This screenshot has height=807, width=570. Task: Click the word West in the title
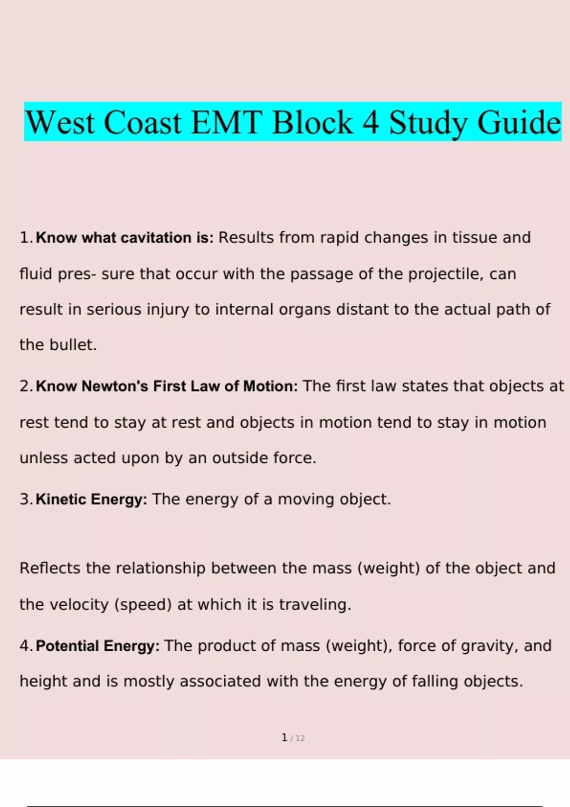point(60,122)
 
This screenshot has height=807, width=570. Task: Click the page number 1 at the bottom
point(284,738)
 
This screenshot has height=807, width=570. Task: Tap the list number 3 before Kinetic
point(25,499)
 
